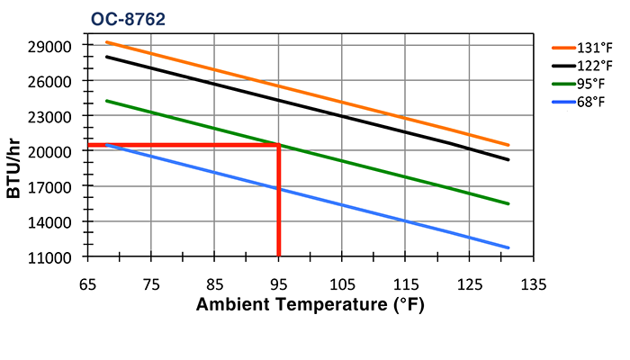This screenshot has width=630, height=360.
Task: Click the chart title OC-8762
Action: pyautogui.click(x=128, y=18)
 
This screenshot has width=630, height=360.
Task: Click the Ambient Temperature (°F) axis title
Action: pyautogui.click(x=310, y=304)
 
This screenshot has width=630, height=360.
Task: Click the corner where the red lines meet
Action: pyautogui.click(x=279, y=145)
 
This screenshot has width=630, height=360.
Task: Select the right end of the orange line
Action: pyautogui.click(x=508, y=145)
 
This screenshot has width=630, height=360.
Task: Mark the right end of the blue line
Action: pyautogui.click(x=508, y=247)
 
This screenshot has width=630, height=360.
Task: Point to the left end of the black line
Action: pyautogui.click(x=106, y=57)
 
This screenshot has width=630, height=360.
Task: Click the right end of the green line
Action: pyautogui.click(x=508, y=203)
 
